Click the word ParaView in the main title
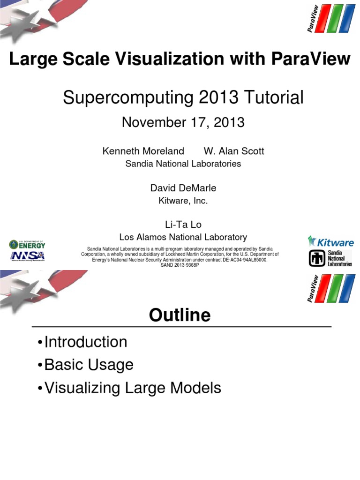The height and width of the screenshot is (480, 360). (310, 60)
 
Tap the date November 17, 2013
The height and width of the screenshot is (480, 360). (183, 122)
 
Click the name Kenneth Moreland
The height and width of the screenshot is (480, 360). (143, 151)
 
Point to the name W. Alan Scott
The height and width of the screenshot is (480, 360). (234, 151)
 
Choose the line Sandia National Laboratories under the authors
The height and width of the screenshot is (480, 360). (183, 164)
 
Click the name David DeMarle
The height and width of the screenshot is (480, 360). (183, 188)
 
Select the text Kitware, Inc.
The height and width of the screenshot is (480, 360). (183, 201)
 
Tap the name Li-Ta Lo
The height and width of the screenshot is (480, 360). (183, 225)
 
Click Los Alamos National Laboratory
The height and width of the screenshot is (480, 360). (183, 237)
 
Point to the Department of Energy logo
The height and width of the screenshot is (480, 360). (28, 244)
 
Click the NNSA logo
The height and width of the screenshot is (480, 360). (28, 256)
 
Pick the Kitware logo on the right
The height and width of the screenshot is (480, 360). (330, 242)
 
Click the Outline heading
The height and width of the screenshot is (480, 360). (180, 315)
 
